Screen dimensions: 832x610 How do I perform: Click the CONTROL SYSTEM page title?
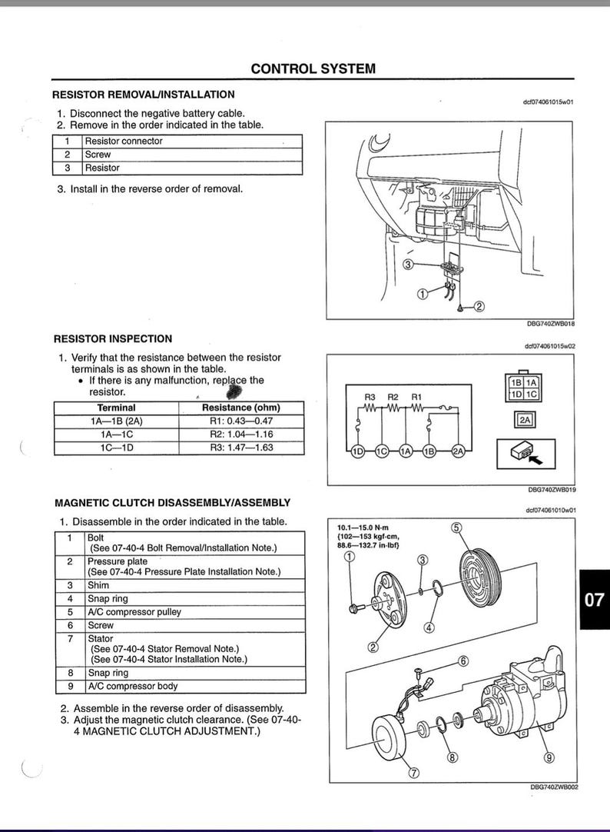point(313,68)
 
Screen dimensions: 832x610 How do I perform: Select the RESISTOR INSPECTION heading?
point(112,338)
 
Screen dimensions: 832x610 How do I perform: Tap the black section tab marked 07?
point(594,600)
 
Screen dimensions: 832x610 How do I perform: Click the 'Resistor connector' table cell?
point(124,141)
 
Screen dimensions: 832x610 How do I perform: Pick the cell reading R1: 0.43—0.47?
point(240,421)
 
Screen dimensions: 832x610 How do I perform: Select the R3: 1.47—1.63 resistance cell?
point(240,448)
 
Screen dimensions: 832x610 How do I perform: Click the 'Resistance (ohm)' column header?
point(240,408)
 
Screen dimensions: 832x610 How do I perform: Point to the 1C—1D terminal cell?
point(116,448)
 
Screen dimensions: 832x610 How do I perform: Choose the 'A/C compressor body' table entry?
point(132,686)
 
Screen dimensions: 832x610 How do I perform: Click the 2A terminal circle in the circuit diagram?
point(459,451)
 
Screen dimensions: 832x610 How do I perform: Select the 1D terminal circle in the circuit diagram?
point(358,451)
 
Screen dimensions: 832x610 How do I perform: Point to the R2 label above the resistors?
point(393,397)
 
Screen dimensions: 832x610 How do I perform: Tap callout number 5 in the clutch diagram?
point(456,527)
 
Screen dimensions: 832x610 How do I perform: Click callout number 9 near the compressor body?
point(549,757)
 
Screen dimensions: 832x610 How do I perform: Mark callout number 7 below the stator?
point(414,773)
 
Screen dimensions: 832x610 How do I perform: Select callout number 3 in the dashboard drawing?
point(409,264)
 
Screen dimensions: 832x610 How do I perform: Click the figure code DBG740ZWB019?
point(552,489)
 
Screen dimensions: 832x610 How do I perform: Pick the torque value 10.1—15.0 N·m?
point(367,527)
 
